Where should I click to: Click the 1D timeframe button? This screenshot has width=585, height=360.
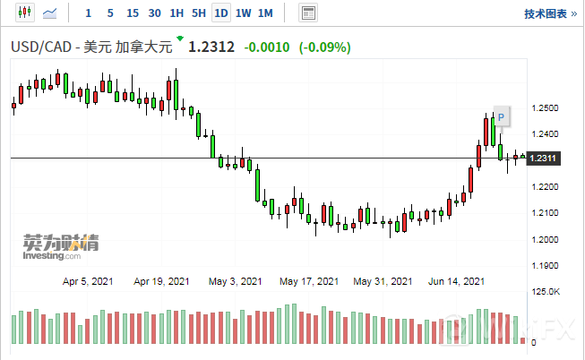(220, 13)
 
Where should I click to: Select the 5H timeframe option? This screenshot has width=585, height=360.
(198, 13)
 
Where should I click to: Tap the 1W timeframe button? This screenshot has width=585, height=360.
(243, 13)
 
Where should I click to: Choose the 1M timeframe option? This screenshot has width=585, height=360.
(265, 13)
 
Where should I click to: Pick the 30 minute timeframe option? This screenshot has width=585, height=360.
(154, 13)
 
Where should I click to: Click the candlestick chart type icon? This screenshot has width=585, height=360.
(24, 13)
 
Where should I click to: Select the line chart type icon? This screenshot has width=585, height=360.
(52, 13)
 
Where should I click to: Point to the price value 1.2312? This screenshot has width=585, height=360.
(211, 47)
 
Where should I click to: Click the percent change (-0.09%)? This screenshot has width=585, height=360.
(325, 47)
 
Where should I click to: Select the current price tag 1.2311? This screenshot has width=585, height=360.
(545, 159)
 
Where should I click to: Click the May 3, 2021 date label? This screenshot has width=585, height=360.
(236, 280)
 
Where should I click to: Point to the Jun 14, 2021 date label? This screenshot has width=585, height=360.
(457, 280)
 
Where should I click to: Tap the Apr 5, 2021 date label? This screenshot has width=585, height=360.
(89, 280)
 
